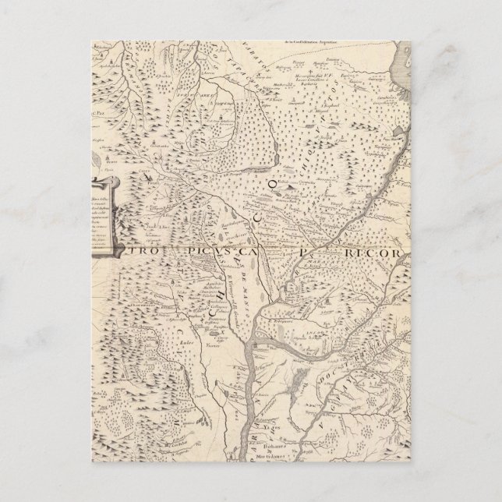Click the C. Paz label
pyautogui.click(x=102, y=93)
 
